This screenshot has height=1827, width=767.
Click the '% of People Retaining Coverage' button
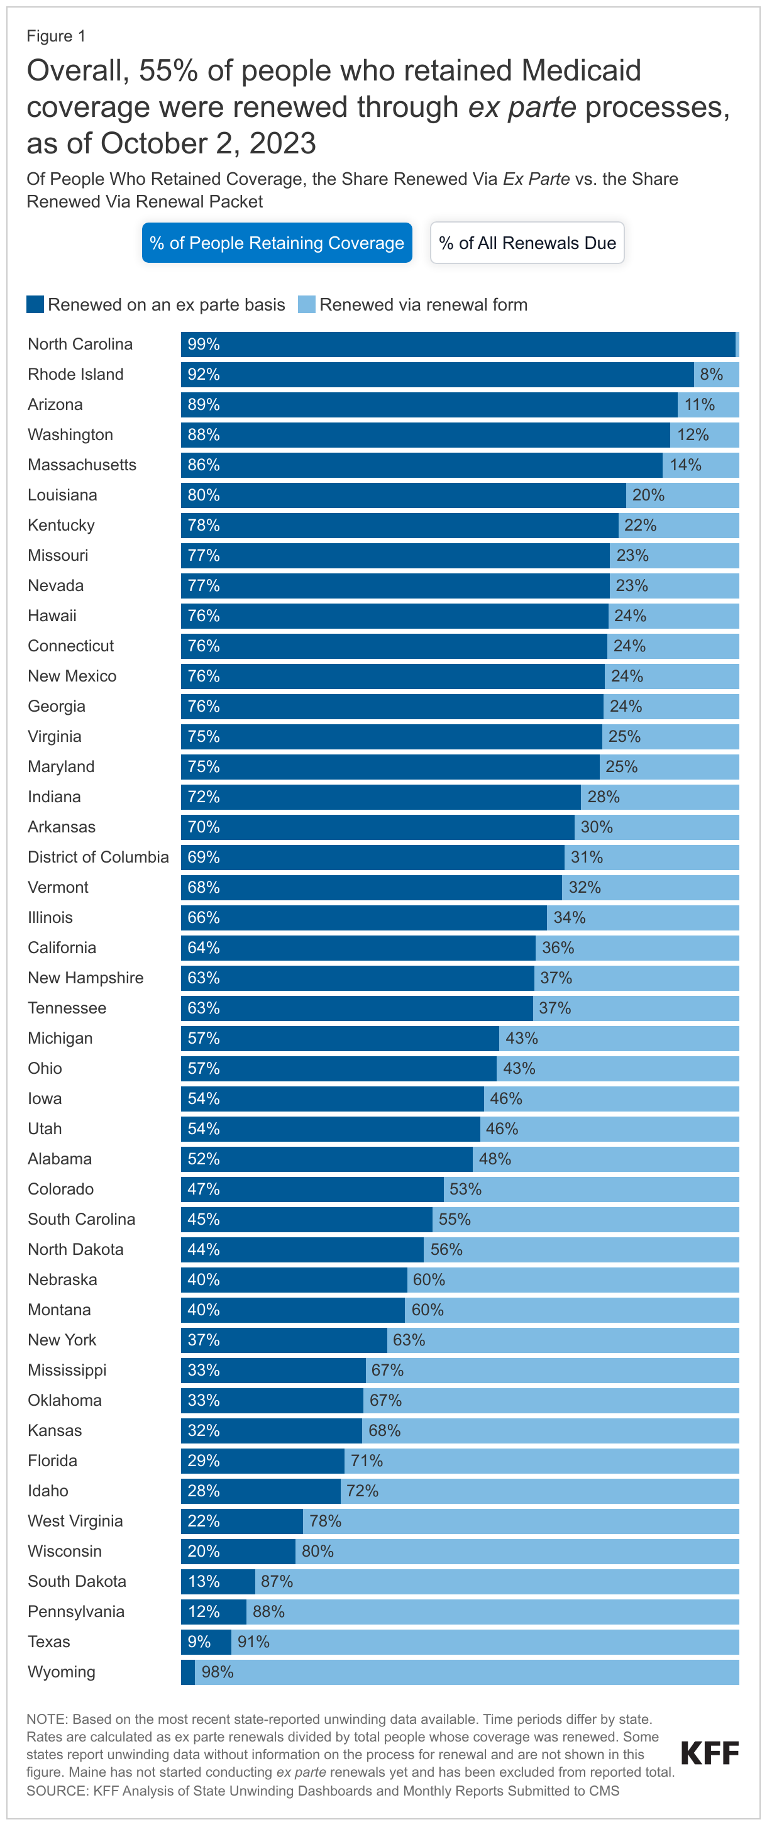point(277,243)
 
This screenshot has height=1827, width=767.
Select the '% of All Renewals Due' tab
point(527,243)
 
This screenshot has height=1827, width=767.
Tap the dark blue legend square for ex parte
point(35,304)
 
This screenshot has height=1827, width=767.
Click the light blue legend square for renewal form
point(307,304)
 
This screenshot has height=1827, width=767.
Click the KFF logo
point(710,1753)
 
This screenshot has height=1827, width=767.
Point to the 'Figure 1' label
point(56,36)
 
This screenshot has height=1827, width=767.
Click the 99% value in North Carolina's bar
point(204,344)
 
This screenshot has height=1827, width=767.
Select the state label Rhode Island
point(75,375)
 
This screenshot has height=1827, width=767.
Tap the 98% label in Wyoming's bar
point(218,1672)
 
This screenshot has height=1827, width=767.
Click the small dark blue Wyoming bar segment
point(188,1672)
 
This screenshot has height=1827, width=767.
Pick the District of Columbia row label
point(98,857)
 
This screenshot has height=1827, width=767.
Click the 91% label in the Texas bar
point(253,1642)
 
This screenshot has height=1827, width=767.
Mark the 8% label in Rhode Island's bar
point(712,375)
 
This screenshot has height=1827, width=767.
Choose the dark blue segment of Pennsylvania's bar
point(214,1611)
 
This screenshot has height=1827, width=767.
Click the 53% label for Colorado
point(465,1189)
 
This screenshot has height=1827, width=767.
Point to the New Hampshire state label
point(85,978)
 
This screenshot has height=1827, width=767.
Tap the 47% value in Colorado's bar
point(204,1189)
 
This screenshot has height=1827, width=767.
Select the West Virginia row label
point(75,1521)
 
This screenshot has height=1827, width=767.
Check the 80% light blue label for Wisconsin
point(318,1551)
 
